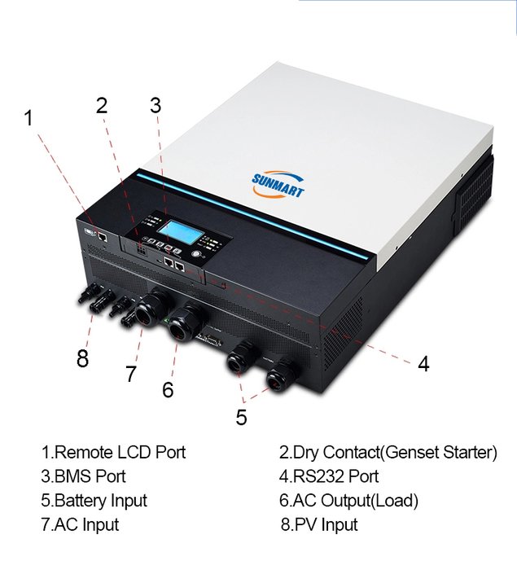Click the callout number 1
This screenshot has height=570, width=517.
coord(29,118)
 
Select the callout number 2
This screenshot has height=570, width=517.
coord(102,105)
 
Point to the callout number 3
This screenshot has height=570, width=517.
coord(155,105)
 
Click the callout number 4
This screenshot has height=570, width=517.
coord(423,363)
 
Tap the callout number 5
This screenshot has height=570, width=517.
coord(241,417)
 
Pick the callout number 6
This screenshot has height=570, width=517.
coord(167,389)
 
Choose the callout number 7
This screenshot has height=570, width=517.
coord(131,374)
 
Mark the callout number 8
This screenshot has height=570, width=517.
coord(82,358)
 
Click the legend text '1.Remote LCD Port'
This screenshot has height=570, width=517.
coord(113,453)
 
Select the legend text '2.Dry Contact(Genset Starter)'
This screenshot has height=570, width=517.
coord(388,453)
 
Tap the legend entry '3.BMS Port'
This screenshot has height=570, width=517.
coord(83,476)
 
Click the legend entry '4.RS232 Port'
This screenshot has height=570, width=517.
coord(329,476)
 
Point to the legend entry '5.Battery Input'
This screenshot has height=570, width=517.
coord(94,501)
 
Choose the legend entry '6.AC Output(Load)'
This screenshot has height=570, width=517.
coord(348,501)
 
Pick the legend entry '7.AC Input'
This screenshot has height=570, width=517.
coord(80,525)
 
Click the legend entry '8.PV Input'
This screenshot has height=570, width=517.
coord(319,525)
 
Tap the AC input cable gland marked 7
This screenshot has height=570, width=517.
coord(150,307)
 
